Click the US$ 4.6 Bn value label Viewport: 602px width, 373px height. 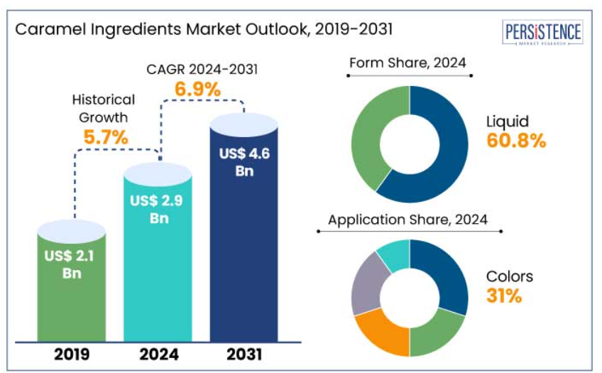click(x=244, y=162)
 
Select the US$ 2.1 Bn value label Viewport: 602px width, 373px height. click(x=72, y=264)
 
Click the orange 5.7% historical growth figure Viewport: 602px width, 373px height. click(x=106, y=138)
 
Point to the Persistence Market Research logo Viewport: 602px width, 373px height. click(x=542, y=34)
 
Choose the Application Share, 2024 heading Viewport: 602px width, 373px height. click(x=407, y=220)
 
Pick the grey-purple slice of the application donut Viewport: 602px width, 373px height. click(x=366, y=288)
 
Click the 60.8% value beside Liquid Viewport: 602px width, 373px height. click(x=516, y=141)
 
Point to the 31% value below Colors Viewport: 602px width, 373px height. click(x=504, y=296)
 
